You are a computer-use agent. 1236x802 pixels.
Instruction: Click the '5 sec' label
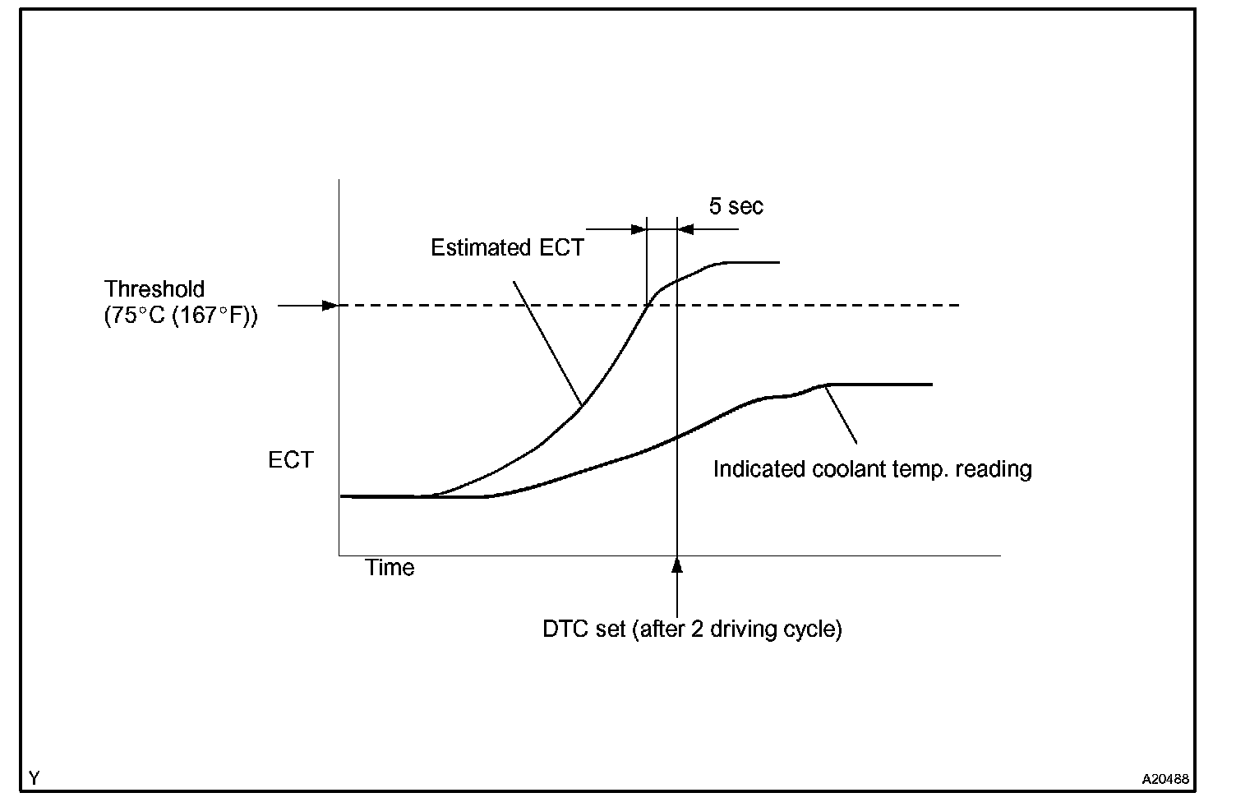(x=736, y=206)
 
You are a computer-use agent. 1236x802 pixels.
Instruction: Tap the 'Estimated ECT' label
(x=507, y=248)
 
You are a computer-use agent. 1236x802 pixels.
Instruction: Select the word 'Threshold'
(x=154, y=289)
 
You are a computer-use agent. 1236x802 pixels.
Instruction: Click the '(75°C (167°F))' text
(x=181, y=316)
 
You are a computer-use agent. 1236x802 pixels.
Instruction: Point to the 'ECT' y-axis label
(x=291, y=460)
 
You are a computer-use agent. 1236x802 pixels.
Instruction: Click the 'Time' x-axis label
(x=390, y=568)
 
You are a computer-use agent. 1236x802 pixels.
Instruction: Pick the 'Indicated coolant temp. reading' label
(x=872, y=469)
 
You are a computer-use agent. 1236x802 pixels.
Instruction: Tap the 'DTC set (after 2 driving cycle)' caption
(x=692, y=629)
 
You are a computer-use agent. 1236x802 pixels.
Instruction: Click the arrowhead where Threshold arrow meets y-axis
(x=330, y=306)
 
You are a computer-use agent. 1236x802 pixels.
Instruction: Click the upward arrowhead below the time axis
(x=677, y=565)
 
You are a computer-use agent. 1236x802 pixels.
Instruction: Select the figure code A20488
(x=1165, y=778)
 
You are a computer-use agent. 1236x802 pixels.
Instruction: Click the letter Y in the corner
(x=35, y=777)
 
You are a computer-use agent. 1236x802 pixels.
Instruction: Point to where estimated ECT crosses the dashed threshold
(x=648, y=306)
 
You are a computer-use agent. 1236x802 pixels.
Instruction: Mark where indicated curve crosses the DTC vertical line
(x=677, y=437)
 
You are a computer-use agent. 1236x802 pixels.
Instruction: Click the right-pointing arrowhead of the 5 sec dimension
(x=639, y=229)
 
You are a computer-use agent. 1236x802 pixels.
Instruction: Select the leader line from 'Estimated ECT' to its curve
(x=548, y=343)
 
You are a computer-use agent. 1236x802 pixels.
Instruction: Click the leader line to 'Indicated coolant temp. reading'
(x=842, y=416)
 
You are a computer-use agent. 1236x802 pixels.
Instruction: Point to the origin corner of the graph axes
(x=339, y=555)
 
